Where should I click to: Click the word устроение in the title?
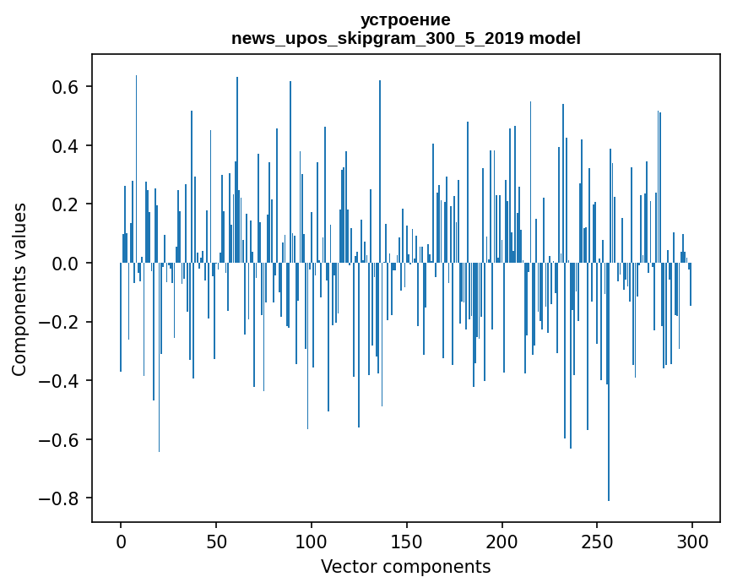click(405, 19)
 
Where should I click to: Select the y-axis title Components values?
click(19, 289)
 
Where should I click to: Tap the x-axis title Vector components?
click(405, 566)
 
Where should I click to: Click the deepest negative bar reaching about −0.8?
click(609, 422)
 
